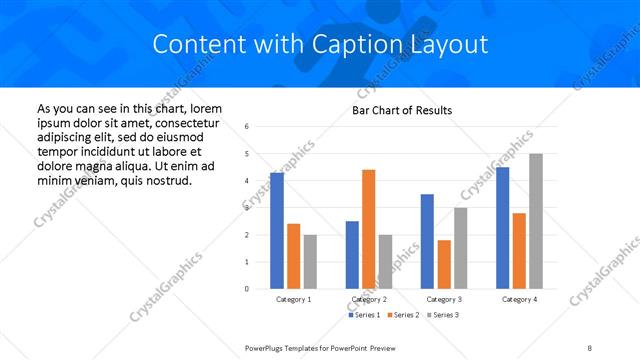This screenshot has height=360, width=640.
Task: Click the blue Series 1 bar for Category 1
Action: [277, 231]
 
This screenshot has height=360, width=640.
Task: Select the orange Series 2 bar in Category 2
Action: [369, 229]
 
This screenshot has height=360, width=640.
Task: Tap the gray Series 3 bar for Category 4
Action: [536, 221]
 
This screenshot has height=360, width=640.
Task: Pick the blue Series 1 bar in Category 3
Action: [427, 241]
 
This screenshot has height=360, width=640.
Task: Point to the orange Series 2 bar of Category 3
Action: [444, 264]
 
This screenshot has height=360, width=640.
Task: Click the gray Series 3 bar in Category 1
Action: [310, 262]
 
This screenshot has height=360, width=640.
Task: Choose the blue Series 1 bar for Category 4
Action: [502, 228]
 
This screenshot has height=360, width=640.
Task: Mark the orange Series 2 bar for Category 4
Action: [519, 251]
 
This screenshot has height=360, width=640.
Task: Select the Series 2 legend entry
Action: [402, 315]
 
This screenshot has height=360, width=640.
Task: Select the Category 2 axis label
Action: [369, 299]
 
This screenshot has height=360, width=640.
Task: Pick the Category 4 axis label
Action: [519, 299]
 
